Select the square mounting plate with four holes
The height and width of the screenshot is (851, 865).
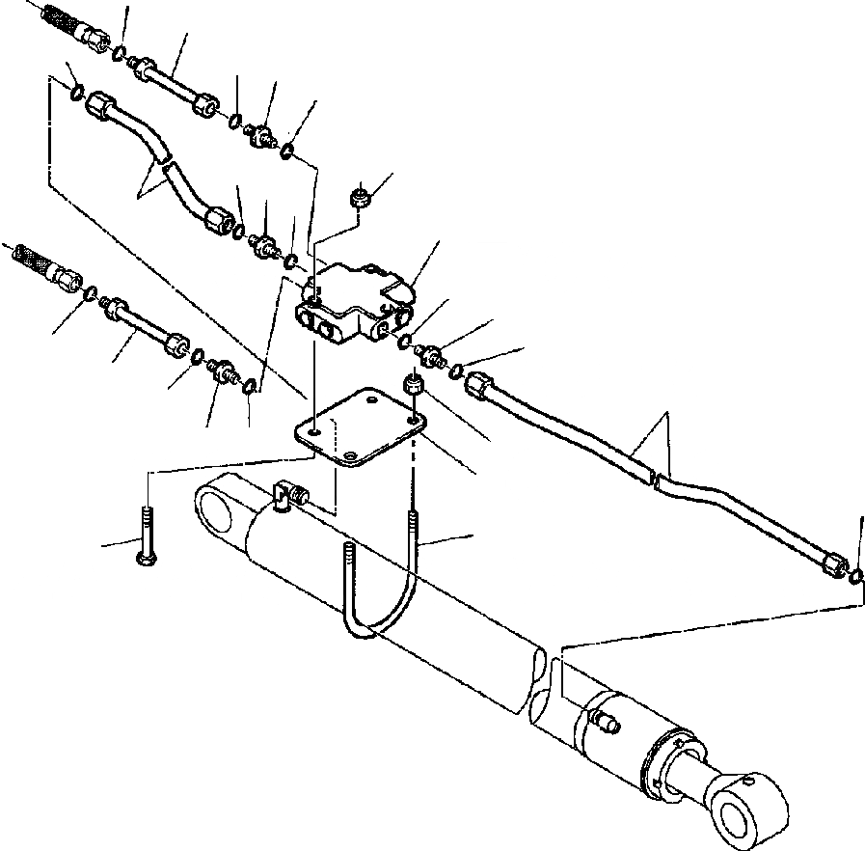point(359,430)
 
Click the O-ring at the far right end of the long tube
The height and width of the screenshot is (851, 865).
point(856,577)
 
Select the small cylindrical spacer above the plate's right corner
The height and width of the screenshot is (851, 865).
point(413,387)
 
